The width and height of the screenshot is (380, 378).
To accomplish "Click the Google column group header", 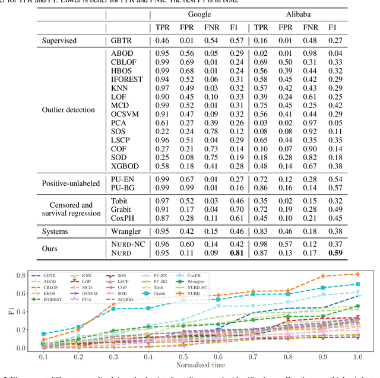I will point(199,13).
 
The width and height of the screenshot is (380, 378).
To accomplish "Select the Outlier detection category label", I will point(68,109).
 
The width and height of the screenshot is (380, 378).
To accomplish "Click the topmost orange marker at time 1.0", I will point(357,274).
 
